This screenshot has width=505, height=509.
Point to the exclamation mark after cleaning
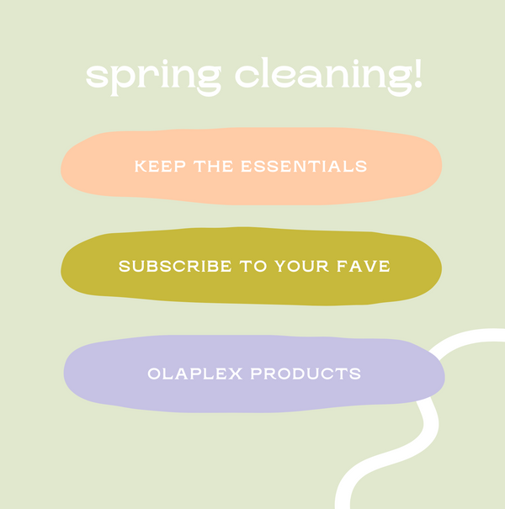pyautogui.click(x=416, y=73)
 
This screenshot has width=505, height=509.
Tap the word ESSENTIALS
pyautogui.click(x=304, y=167)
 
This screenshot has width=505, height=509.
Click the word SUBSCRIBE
pyautogui.click(x=175, y=267)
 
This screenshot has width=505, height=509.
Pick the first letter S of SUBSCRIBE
pyautogui.click(x=124, y=267)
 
